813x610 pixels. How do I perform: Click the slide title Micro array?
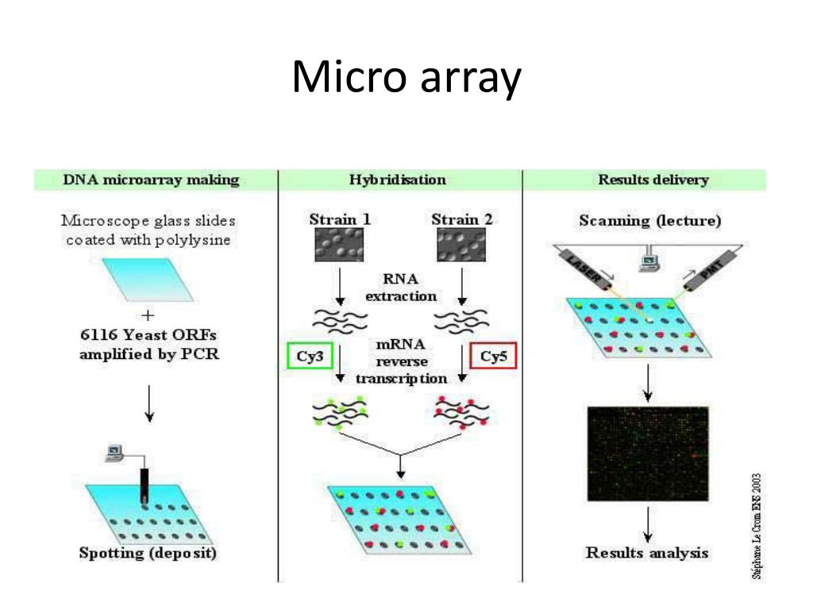point(406,79)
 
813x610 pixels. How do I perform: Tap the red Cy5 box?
point(493,356)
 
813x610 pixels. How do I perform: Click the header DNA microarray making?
point(151,180)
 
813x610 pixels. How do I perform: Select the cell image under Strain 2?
point(461,245)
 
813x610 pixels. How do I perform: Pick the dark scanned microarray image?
point(647,453)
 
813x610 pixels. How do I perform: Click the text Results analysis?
point(646,553)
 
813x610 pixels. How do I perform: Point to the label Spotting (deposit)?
point(148,554)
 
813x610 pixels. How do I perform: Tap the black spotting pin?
point(144,485)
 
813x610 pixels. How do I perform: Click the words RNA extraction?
point(401,288)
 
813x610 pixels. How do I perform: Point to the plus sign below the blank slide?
point(148,315)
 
